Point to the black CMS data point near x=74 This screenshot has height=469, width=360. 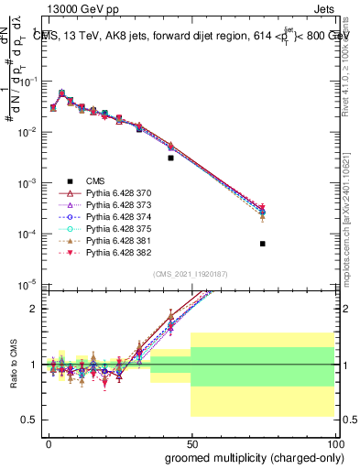pos(263,244)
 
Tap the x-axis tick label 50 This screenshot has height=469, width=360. pos(191,443)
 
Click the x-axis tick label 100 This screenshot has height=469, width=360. pos(337,443)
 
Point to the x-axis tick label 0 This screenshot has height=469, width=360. pos(48,443)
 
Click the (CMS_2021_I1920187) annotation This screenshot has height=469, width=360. pos(190,273)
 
